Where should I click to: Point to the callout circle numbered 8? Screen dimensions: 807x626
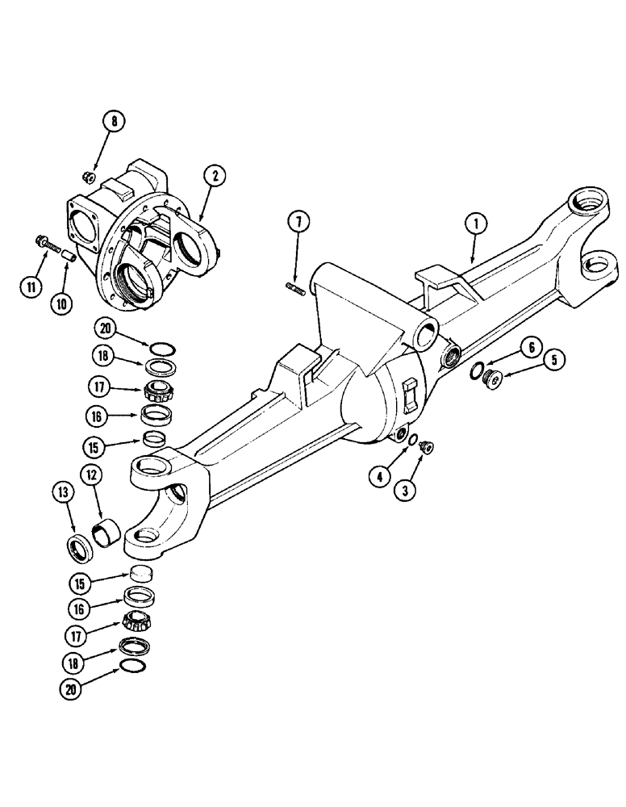pyautogui.click(x=115, y=123)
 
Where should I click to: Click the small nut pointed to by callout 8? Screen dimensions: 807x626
pyautogui.click(x=90, y=177)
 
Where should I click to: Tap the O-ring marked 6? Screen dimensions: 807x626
pyautogui.click(x=477, y=372)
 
